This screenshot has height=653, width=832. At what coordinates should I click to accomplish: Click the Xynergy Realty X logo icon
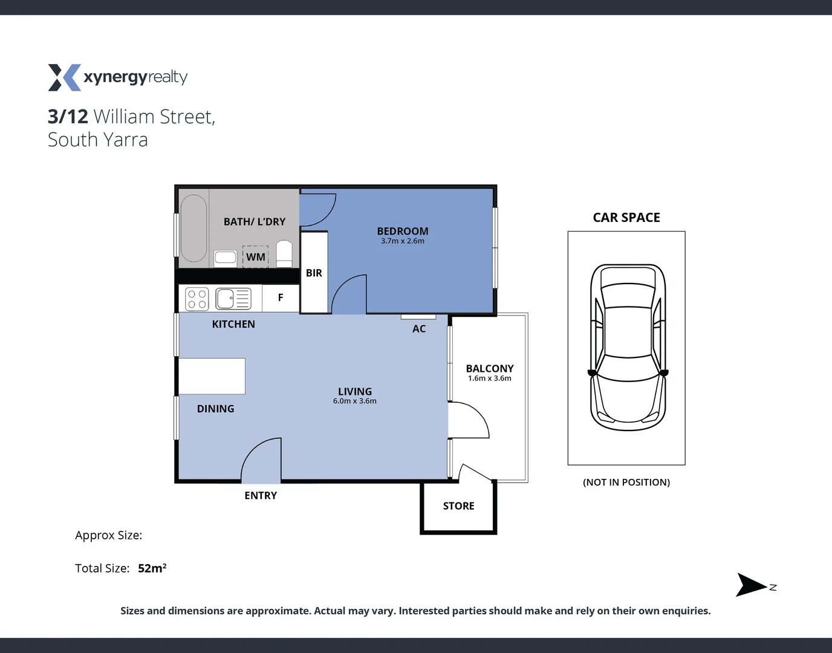click(x=64, y=77)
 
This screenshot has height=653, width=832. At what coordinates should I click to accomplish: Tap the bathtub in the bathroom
click(x=193, y=228)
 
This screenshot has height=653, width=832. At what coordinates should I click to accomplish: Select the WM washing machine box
click(x=255, y=257)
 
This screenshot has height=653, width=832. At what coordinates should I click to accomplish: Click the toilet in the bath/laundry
click(x=284, y=253)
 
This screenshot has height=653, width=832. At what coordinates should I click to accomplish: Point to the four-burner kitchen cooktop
click(x=197, y=299)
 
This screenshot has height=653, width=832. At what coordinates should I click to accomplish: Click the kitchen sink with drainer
click(x=233, y=299)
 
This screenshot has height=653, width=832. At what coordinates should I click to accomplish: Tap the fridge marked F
click(x=281, y=297)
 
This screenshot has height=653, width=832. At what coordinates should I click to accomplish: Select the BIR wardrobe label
click(x=314, y=273)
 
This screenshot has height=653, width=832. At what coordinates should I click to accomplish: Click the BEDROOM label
click(x=403, y=231)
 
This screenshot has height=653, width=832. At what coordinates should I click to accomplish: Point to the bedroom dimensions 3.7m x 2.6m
click(x=403, y=241)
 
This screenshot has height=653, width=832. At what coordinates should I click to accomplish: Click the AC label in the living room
click(x=419, y=329)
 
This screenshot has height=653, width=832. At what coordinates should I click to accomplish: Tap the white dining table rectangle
click(x=212, y=376)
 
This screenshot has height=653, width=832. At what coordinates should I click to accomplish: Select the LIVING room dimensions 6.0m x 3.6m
click(x=355, y=401)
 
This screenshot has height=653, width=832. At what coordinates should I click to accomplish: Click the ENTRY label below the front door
click(x=261, y=496)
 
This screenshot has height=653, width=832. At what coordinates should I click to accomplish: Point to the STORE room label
click(x=458, y=506)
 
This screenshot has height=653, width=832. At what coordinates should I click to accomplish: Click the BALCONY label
click(x=490, y=368)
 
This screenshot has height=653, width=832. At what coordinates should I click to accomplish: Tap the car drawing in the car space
click(x=628, y=347)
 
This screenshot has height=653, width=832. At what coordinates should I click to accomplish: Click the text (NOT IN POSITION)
click(x=626, y=482)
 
